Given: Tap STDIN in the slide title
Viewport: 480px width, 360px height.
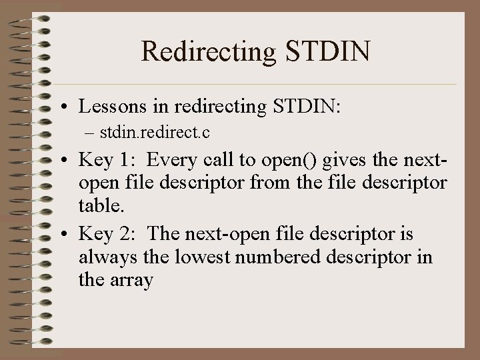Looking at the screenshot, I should [331, 52].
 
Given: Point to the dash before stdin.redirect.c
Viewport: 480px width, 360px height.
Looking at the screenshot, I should [90, 133].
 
